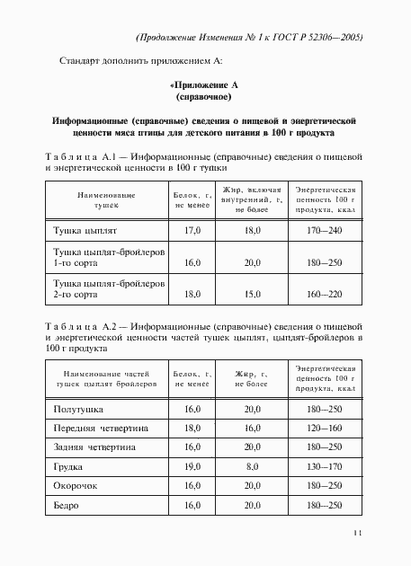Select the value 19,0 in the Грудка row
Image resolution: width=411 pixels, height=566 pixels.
click(192, 466)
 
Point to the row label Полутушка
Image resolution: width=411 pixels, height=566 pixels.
click(79, 409)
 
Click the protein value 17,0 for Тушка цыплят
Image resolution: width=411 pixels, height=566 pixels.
click(192, 230)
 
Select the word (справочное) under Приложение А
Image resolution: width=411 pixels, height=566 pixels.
click(204, 94)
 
